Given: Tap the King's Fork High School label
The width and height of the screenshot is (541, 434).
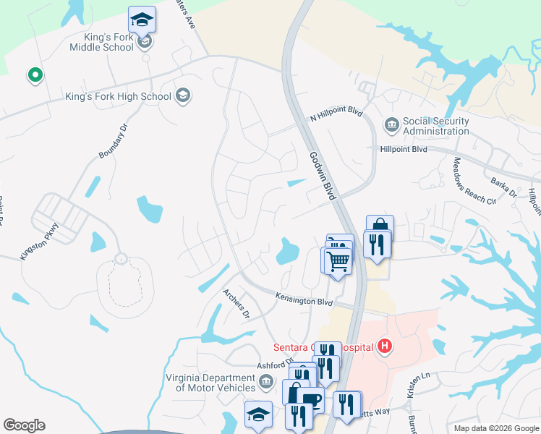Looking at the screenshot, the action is (118, 96).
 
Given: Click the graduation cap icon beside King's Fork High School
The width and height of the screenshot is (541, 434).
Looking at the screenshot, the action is (183, 96).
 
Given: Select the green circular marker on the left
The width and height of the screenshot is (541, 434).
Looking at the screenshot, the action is (33, 75).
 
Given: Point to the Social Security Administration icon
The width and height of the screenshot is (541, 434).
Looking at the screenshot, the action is (391, 125).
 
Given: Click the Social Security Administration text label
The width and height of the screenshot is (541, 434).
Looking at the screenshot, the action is (436, 126).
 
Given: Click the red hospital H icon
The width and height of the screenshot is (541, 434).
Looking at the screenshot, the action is (385, 346).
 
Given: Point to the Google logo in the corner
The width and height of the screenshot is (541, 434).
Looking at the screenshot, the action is (24, 425).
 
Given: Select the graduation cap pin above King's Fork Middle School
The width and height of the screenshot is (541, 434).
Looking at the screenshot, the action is (142, 20).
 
